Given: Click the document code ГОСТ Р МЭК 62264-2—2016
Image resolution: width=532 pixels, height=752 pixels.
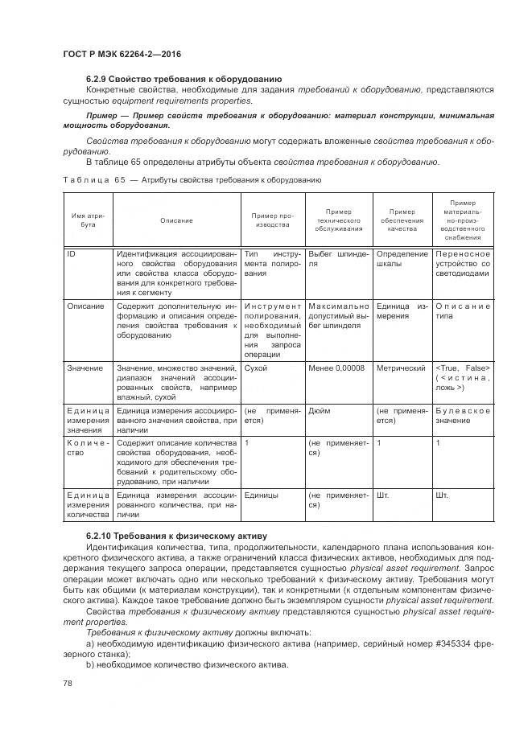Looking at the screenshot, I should click(121, 54).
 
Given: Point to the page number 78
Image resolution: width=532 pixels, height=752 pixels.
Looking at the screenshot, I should click(68, 683).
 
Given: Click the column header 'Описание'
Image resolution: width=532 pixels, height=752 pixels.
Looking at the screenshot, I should click(176, 220).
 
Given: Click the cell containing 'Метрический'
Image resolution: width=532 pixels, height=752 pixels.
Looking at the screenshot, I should click(401, 368).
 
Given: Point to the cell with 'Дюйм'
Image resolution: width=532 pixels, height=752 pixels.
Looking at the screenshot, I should click(319, 410).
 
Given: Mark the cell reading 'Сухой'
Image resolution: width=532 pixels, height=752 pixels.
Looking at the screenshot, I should click(256, 368).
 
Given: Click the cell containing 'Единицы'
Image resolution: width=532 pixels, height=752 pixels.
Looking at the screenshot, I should click(261, 495).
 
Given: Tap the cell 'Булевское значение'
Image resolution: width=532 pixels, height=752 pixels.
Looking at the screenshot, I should click(461, 415).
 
